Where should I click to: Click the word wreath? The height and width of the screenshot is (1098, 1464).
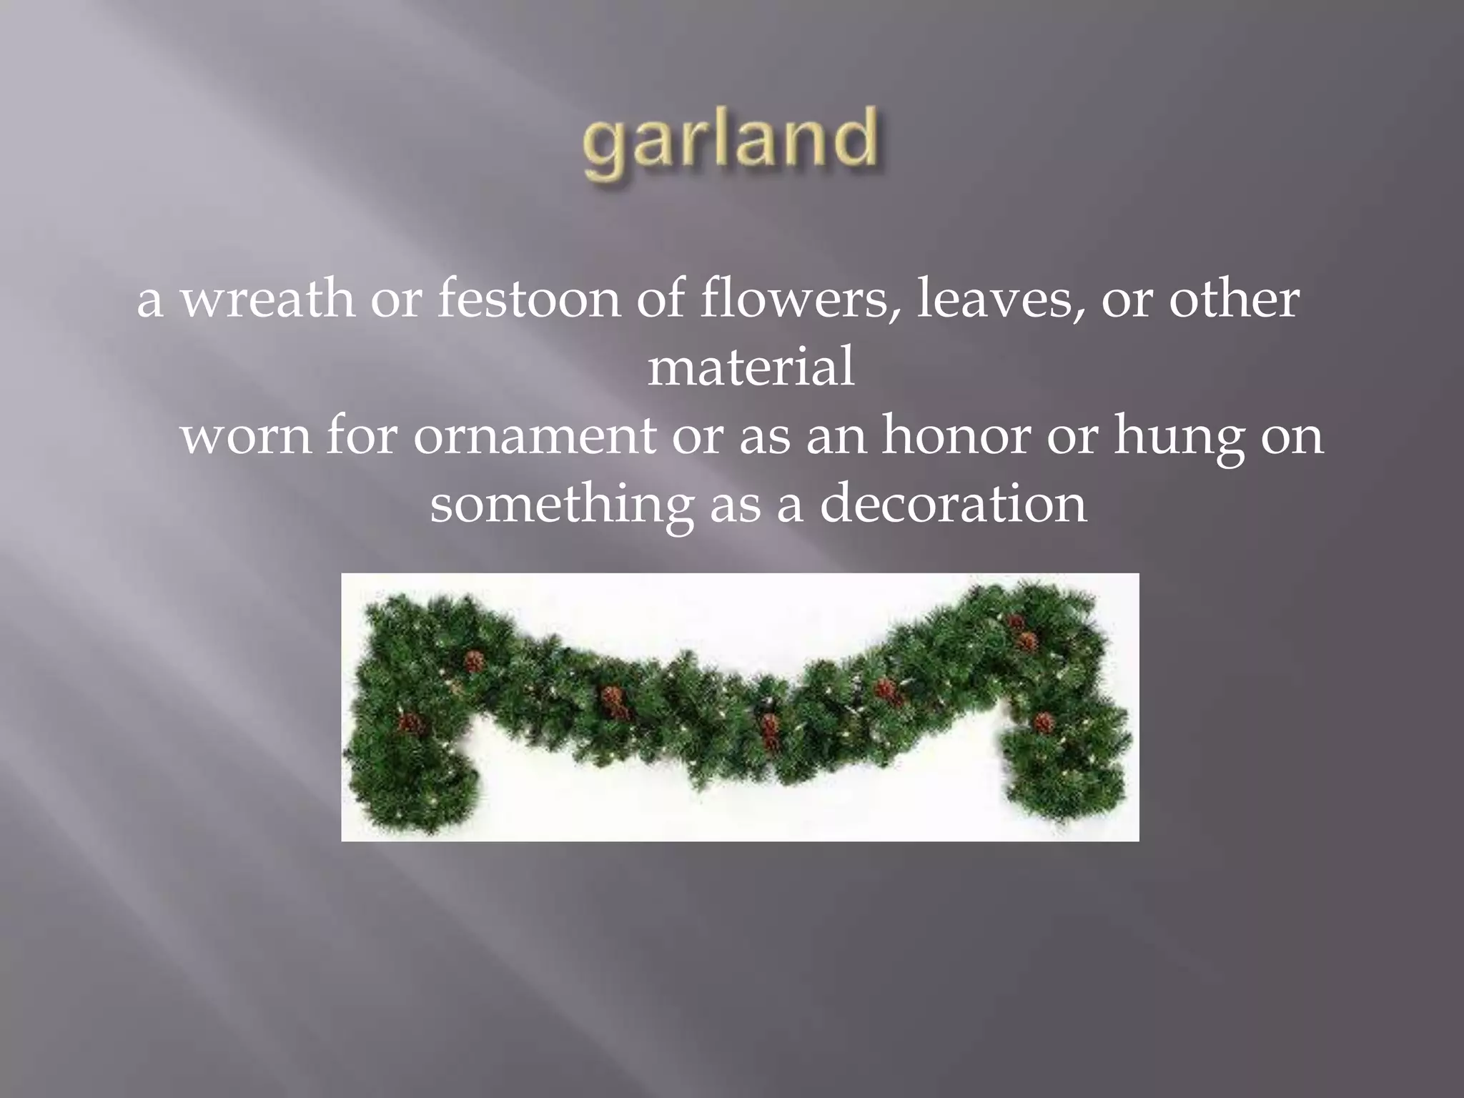[266, 299]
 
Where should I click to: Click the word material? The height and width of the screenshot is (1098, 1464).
[751, 367]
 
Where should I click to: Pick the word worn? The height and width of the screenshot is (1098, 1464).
[245, 435]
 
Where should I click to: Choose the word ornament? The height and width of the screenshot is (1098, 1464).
[534, 435]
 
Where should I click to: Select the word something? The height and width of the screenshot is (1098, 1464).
[561, 505]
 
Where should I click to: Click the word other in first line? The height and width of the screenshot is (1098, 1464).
[1235, 299]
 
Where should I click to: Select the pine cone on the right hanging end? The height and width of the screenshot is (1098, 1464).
[1044, 722]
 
